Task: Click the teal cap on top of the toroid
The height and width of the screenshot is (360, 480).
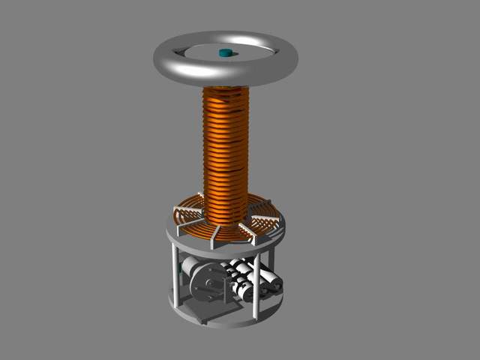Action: click(225, 52)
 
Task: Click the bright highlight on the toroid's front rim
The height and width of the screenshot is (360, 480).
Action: click(187, 71)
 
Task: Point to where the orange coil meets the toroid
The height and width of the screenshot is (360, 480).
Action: click(226, 88)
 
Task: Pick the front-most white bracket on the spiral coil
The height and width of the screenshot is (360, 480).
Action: click(214, 237)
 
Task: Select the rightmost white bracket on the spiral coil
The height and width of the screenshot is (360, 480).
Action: click(266, 220)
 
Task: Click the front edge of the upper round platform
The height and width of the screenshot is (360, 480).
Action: click(225, 247)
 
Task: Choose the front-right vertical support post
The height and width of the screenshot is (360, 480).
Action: click(257, 286)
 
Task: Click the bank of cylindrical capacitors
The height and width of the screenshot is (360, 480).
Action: click(251, 279)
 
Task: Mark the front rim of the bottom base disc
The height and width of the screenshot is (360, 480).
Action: click(225, 322)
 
